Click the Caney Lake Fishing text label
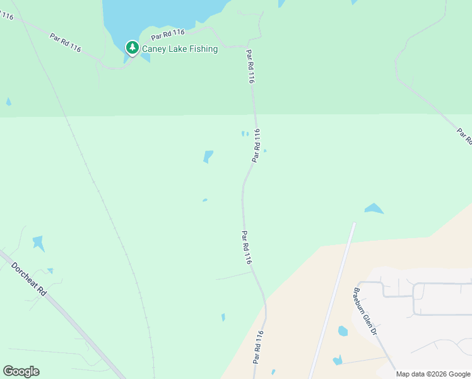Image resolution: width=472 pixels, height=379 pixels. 180,49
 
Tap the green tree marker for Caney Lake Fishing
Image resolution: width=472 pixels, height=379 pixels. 132,47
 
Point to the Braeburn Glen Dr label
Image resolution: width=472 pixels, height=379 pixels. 365,312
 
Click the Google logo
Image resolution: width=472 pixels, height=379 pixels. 21,371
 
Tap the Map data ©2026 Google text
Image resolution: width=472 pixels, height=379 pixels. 432,374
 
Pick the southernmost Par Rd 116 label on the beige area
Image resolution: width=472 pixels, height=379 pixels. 257,346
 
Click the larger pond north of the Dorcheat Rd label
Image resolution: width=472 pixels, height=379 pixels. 38,243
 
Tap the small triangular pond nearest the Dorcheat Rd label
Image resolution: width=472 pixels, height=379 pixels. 50,271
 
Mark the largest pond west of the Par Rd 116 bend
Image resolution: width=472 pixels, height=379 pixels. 208,156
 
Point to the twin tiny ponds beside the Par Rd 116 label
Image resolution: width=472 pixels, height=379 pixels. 244,133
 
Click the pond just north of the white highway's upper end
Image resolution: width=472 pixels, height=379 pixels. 374,208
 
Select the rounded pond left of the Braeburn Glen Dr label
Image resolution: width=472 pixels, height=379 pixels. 343,331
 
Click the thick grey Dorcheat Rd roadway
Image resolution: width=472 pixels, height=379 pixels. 76,322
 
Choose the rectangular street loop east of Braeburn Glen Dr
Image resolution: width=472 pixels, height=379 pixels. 442,298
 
